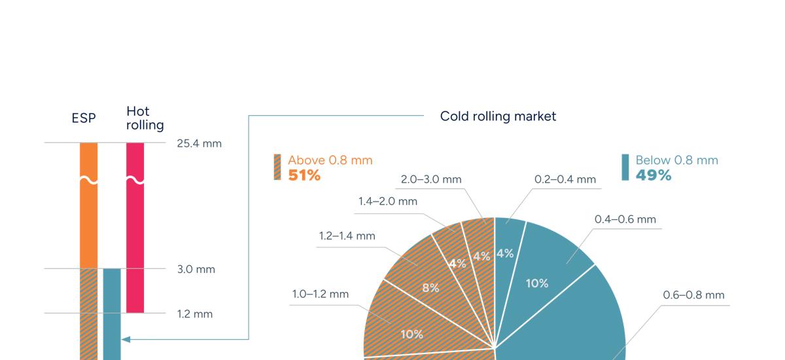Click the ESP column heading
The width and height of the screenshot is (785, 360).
(x=84, y=118)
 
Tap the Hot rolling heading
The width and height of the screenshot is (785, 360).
(x=145, y=118)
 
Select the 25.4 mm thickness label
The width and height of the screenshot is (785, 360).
(x=199, y=143)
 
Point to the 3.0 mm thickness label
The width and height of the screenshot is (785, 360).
(x=196, y=269)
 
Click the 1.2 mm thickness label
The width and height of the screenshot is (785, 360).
(x=194, y=314)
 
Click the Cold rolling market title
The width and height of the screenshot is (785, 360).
(x=498, y=117)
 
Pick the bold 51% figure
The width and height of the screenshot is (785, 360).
(x=304, y=175)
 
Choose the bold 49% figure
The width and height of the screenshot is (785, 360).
(x=653, y=175)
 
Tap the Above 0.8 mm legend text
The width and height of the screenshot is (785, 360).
(x=330, y=160)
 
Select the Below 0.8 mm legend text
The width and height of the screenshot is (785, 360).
(x=676, y=160)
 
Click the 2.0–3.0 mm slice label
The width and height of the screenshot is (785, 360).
(x=431, y=179)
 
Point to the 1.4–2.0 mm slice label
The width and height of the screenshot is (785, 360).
(x=387, y=202)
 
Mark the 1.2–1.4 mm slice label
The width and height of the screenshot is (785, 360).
(x=347, y=236)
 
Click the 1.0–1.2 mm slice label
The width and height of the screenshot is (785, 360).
(x=320, y=294)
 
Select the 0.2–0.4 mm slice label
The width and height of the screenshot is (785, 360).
(x=565, y=179)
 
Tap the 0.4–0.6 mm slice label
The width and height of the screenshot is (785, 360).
(x=625, y=219)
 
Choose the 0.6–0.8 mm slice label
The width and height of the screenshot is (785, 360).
(x=693, y=295)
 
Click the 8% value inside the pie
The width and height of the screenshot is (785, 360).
(x=430, y=287)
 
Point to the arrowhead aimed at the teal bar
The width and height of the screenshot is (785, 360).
(x=126, y=339)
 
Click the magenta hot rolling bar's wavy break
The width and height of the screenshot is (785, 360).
(x=135, y=180)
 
